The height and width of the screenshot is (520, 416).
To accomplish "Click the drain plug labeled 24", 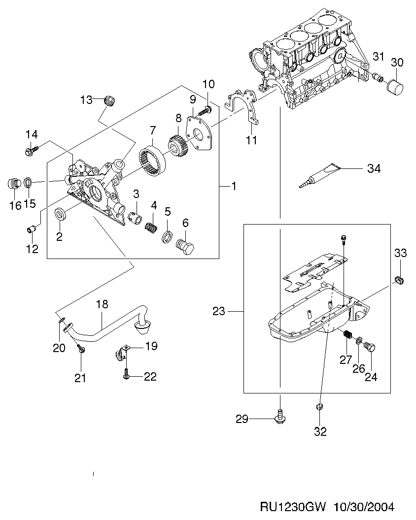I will pyautogui.click(x=371, y=348).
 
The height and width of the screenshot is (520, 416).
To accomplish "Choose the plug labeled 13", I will pyautogui.click(x=109, y=102).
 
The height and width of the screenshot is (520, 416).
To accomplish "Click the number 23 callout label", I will pyautogui.click(x=219, y=311).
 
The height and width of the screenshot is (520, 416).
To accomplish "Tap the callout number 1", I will pyautogui.click(x=234, y=186).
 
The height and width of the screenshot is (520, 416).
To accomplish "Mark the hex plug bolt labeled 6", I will pyautogui.click(x=185, y=245).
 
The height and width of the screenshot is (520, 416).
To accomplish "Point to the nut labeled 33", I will pyautogui.click(x=400, y=281).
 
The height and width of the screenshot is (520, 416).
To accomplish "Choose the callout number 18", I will pyautogui.click(x=102, y=304).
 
